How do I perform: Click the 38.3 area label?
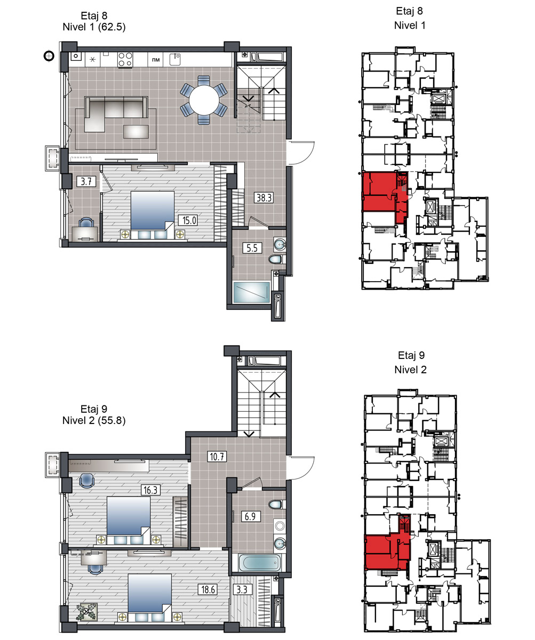(263, 198)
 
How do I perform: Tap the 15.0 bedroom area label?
(189, 220)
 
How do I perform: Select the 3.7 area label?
(86, 181)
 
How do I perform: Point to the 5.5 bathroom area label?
(252, 247)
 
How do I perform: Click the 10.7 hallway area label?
(217, 457)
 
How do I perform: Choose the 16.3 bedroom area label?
(150, 490)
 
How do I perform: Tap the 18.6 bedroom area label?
(208, 589)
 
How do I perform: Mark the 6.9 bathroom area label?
(250, 516)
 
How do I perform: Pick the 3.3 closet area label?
(242, 589)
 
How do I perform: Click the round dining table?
(204, 100)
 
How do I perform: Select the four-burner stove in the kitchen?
(125, 59)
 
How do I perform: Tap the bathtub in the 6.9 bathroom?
(260, 563)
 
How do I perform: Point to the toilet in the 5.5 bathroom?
(277, 259)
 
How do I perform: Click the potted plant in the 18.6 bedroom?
(87, 612)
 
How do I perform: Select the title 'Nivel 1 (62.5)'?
(94, 27)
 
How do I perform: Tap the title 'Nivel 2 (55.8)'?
(94, 420)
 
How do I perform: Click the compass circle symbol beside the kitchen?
(49, 56)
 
